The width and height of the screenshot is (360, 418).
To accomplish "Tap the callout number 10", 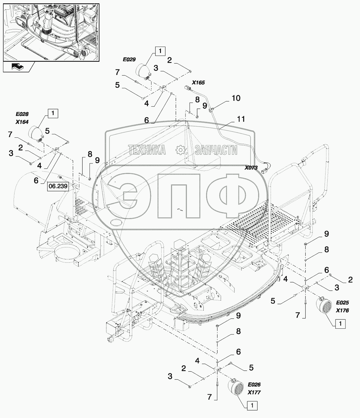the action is point(236,98).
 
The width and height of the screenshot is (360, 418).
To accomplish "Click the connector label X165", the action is point(198,82).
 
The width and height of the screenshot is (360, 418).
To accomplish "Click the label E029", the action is point(129,60).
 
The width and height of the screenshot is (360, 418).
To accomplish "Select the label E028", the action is point(22,114).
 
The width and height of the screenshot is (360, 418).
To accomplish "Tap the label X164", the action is point(22,122).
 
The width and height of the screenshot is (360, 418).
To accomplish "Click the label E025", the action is point(342,303).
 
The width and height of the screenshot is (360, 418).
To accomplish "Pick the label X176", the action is point(342,310).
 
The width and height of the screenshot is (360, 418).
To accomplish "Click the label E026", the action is point(254,385).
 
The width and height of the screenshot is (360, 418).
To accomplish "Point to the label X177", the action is point(254,393).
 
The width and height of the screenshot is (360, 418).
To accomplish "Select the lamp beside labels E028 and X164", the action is point(35,133).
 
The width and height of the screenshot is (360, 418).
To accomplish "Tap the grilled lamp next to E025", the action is point(324,306).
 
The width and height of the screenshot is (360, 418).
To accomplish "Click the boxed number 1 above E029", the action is point(160,51).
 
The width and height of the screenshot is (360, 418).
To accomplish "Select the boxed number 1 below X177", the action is point(253,406).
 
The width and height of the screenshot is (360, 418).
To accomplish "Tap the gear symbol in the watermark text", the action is point(180,150).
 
